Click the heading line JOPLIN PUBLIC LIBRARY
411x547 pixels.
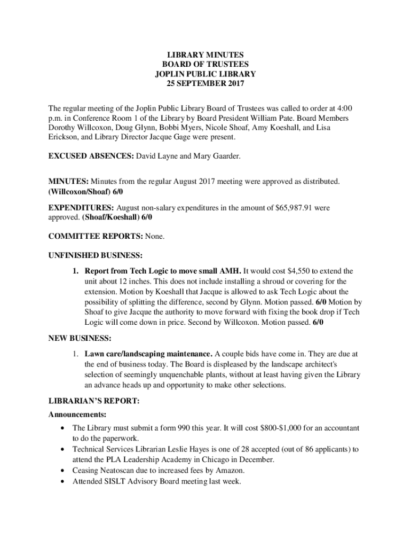click(205, 74)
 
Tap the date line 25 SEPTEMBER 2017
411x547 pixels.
click(205, 84)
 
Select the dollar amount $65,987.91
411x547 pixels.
click(293, 207)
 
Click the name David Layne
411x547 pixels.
click(156, 157)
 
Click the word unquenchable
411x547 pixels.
click(194, 375)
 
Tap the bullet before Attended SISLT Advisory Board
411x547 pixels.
click(65, 481)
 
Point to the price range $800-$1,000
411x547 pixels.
click(289, 428)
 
